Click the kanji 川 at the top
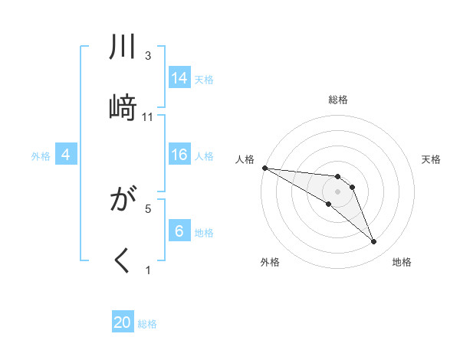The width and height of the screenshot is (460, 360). [123, 48]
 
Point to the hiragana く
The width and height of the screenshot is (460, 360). [123, 260]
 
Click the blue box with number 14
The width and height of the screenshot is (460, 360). [179, 78]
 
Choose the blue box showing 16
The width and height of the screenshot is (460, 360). [179, 155]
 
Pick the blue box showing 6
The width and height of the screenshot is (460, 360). [179, 232]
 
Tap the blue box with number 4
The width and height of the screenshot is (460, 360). [65, 155]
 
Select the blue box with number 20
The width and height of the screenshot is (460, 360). [123, 322]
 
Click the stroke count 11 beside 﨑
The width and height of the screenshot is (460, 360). [148, 116]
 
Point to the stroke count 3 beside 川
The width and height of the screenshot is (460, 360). [148, 55]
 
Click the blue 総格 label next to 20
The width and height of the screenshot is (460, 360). [147, 324]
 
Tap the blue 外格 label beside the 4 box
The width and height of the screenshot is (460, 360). [41, 156]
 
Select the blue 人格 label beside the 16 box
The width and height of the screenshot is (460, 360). [204, 156]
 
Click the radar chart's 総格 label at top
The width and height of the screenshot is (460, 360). [338, 100]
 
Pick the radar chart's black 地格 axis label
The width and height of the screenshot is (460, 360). [402, 262]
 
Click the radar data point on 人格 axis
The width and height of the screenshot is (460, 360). [264, 167]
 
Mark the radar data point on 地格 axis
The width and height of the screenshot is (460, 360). [374, 242]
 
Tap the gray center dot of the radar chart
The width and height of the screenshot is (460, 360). [337, 191]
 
